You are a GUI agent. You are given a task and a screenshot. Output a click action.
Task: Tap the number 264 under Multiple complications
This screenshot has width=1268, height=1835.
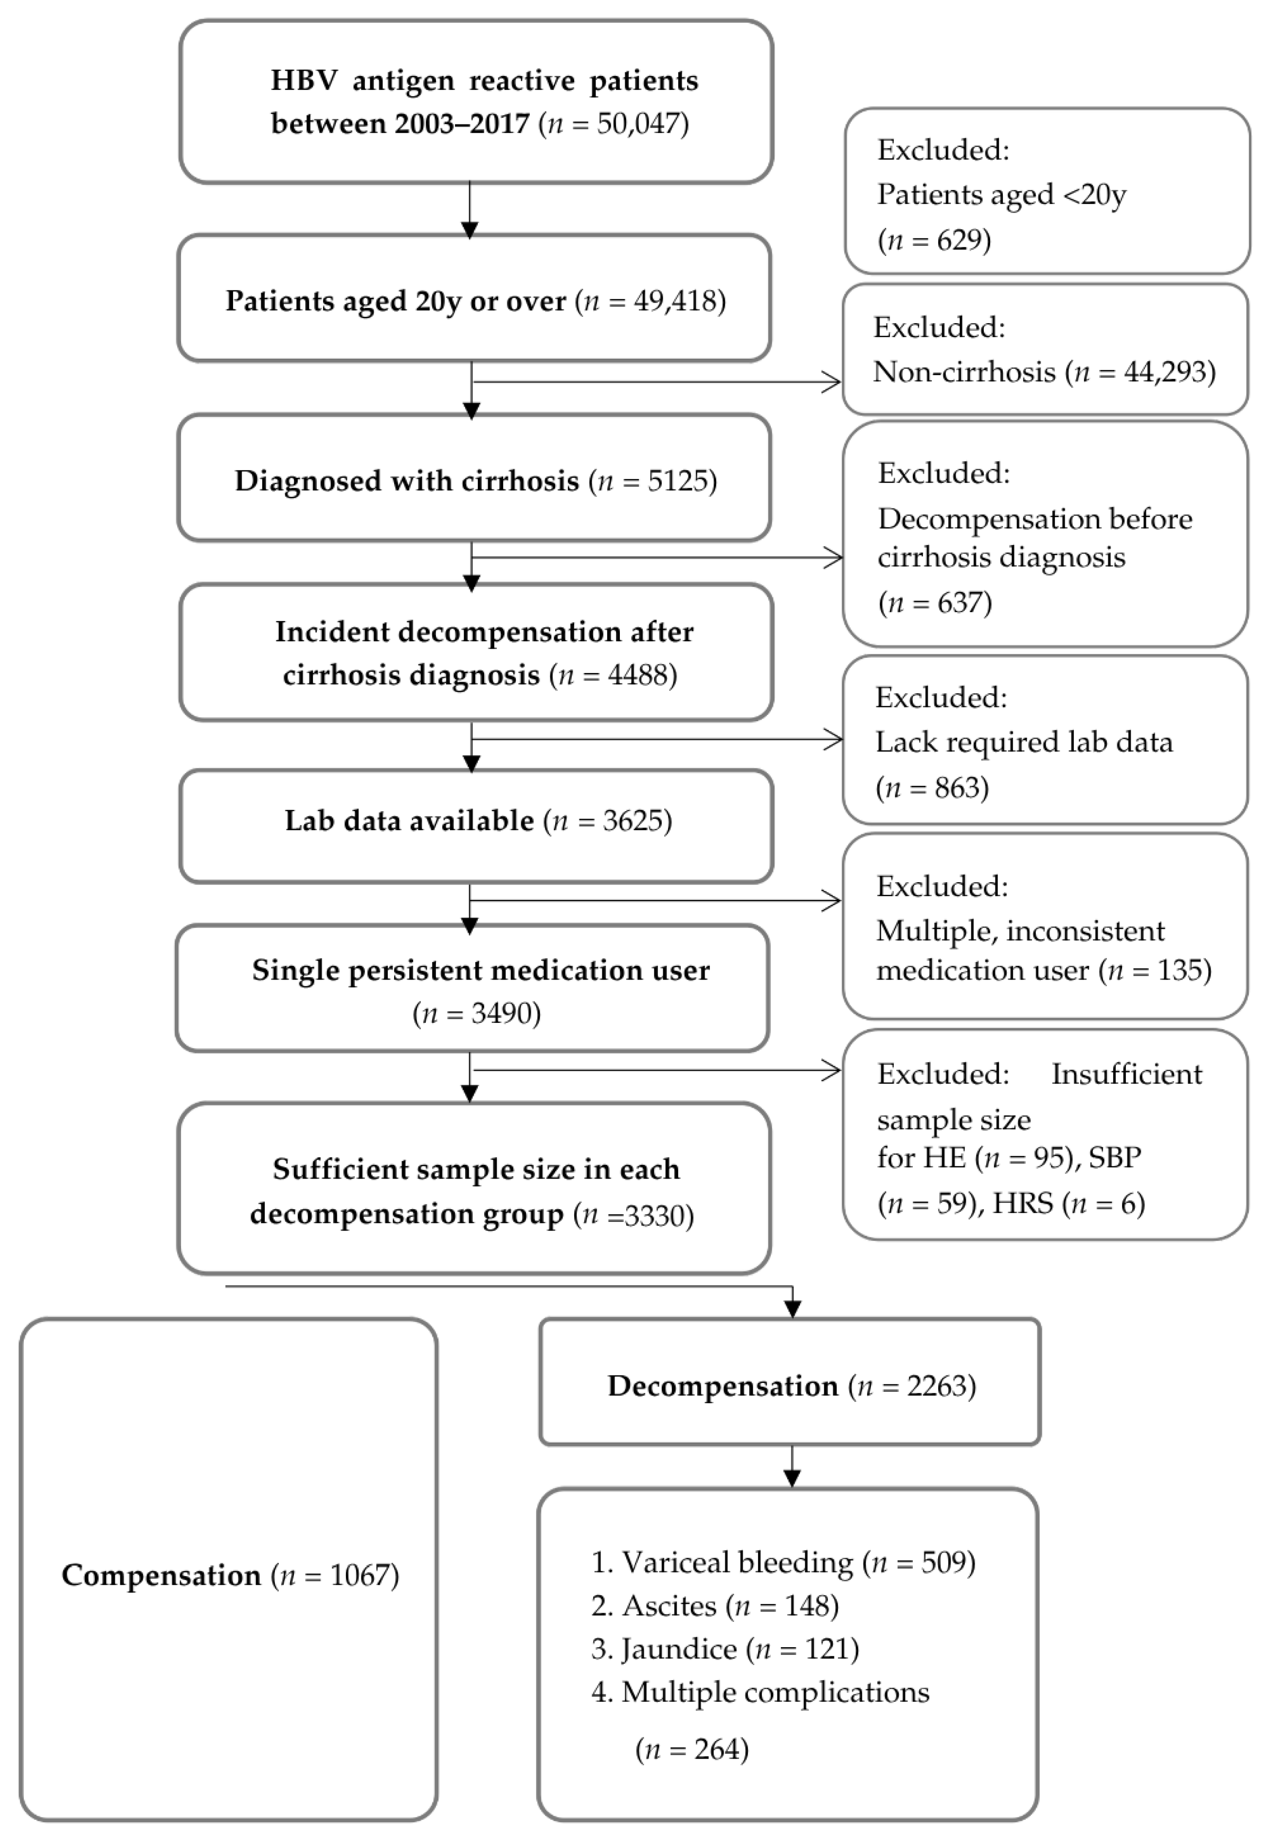coord(717,1749)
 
